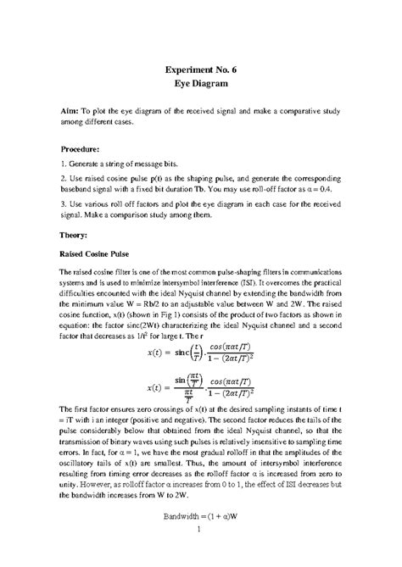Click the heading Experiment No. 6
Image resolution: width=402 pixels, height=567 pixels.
pyautogui.click(x=201, y=70)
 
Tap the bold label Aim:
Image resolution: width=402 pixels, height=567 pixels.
pyautogui.click(x=70, y=111)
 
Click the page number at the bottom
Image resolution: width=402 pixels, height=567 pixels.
pyautogui.click(x=200, y=553)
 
